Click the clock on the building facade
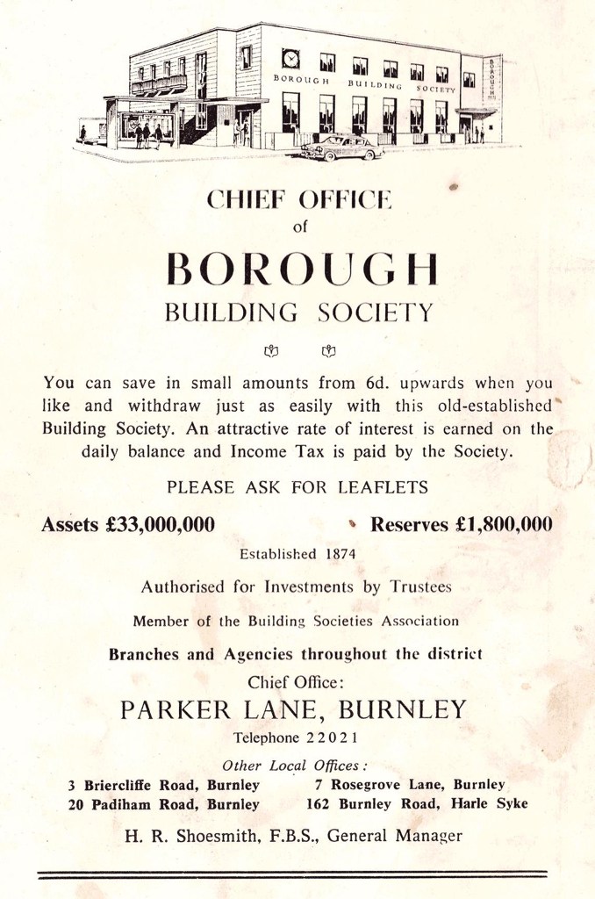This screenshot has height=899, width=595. (x=290, y=59)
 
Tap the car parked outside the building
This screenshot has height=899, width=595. (x=342, y=147)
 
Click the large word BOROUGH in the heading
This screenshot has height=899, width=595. (x=301, y=270)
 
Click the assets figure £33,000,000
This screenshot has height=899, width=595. (x=159, y=524)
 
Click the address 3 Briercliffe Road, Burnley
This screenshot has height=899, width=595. (x=163, y=784)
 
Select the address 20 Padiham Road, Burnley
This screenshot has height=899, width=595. (x=163, y=803)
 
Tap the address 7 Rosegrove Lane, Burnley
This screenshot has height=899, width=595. (x=409, y=784)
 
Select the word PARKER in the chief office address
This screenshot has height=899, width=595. (x=178, y=709)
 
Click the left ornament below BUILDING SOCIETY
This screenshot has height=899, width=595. (x=271, y=351)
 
